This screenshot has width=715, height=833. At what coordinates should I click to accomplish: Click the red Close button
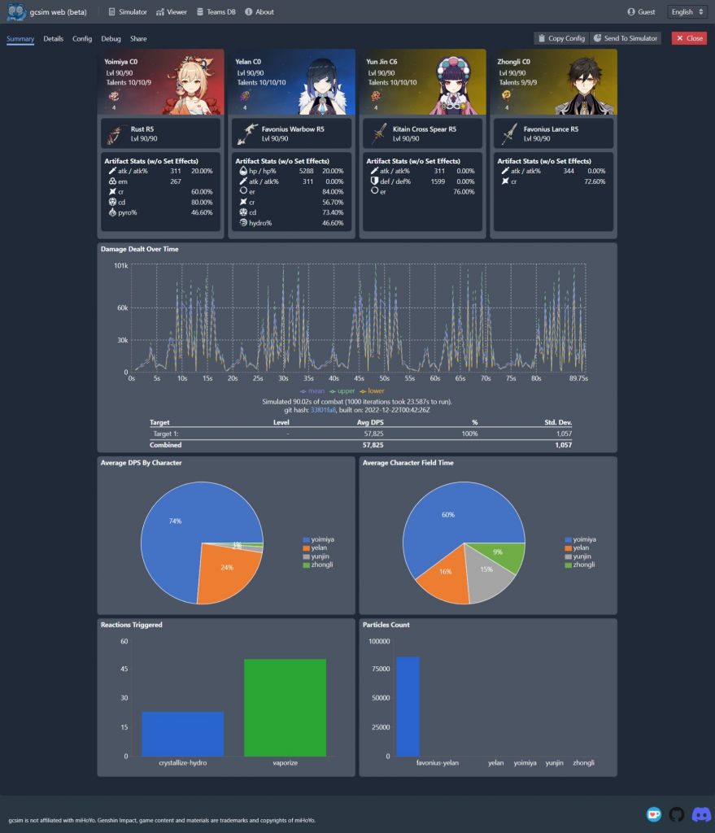(688, 38)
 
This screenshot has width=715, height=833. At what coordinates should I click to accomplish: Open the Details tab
(53, 38)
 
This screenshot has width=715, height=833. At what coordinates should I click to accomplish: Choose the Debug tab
(111, 38)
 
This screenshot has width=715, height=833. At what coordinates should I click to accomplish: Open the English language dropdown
(685, 12)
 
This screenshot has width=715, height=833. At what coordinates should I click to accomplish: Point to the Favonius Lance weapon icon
(509, 133)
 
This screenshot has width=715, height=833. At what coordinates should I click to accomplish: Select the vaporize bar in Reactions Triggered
(285, 708)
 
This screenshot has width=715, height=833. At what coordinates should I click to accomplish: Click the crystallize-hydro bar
(182, 734)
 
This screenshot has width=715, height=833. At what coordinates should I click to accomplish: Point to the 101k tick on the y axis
(121, 266)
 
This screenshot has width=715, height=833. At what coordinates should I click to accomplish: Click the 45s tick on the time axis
(359, 378)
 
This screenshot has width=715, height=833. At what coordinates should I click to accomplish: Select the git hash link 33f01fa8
(323, 409)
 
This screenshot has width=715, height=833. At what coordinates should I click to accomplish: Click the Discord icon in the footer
(701, 814)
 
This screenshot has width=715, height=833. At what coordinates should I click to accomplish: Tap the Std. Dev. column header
(557, 423)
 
